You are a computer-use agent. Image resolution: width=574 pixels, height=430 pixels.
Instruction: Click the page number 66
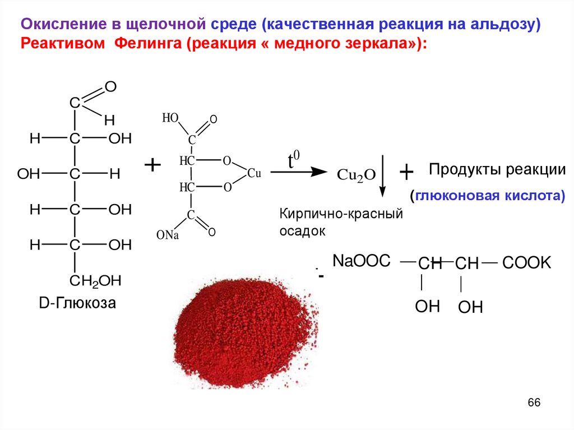point(534,403)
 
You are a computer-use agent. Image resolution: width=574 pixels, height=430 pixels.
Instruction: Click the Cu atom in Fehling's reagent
point(254,174)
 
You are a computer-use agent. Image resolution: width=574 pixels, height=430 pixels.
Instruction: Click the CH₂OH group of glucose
point(95,280)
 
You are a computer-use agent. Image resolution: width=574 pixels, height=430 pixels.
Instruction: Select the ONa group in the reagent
point(167,235)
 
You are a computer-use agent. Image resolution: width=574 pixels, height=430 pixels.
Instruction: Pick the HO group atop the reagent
point(170,118)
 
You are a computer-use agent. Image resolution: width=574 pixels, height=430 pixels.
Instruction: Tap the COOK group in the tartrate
point(526,263)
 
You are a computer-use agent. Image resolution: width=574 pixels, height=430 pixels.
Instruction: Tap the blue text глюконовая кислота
point(487,197)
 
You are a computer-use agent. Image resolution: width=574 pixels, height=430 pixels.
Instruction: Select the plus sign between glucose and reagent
point(152,165)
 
